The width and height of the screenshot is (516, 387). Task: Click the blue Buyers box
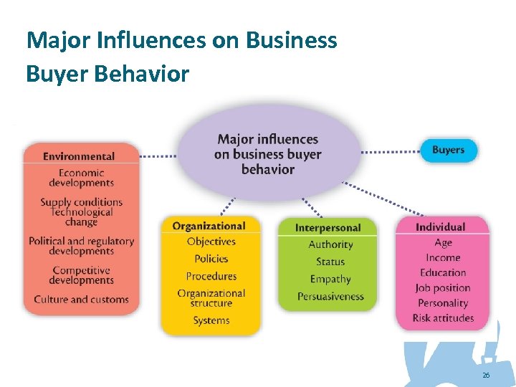point(448,150)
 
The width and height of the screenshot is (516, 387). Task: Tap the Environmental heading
point(79,156)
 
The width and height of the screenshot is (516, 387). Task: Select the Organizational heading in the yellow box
point(209,226)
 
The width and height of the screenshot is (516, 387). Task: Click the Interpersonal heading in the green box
point(328,228)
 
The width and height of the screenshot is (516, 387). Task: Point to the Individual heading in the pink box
point(440,227)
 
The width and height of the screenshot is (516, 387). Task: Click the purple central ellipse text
point(268,154)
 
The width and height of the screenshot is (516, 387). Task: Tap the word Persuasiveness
point(330,296)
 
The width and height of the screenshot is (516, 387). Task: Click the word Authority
point(330,244)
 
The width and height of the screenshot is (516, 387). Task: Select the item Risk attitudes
point(443,317)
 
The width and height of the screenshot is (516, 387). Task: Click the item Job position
point(443,287)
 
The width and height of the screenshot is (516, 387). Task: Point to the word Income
point(443,257)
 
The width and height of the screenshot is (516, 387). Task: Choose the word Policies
point(211,259)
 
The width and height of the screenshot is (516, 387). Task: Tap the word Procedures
point(211,276)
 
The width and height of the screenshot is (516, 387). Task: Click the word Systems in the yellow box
point(211,320)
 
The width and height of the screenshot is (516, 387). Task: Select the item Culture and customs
point(81,300)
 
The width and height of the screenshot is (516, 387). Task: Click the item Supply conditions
point(81,203)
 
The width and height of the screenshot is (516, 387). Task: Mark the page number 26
point(486,376)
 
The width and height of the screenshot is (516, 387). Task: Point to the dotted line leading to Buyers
point(391,152)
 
